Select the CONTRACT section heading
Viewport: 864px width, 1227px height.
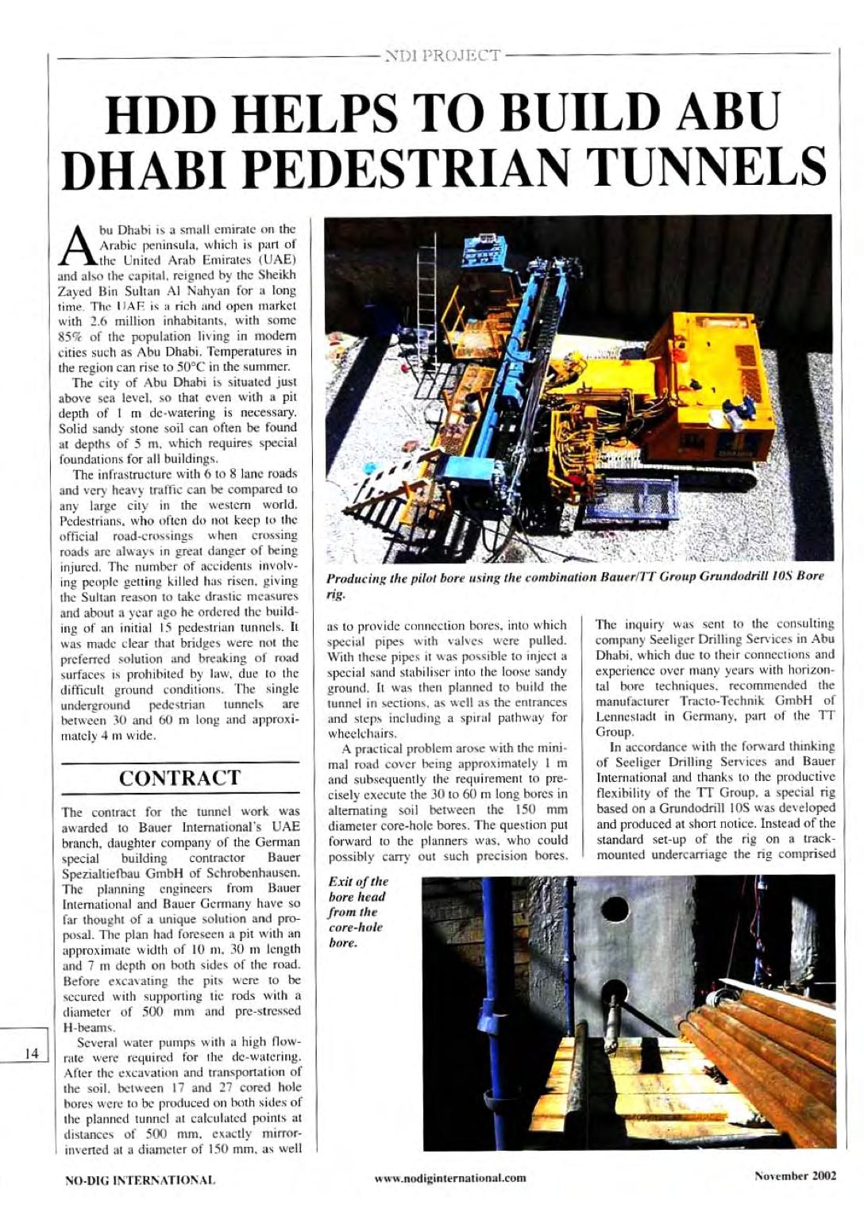(179, 778)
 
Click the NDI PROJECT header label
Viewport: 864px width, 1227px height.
(442, 56)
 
